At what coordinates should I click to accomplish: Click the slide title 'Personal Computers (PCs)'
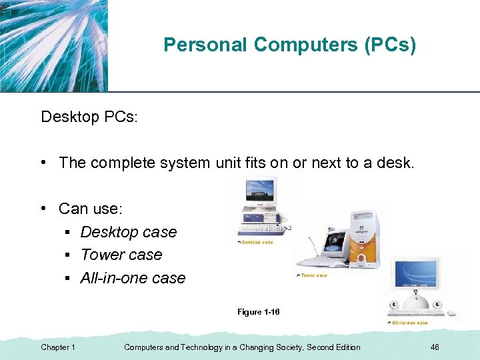click(x=289, y=45)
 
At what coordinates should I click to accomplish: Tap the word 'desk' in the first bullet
click(x=395, y=163)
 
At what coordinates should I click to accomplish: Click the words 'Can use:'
click(x=91, y=209)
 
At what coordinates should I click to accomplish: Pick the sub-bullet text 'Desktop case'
click(x=129, y=232)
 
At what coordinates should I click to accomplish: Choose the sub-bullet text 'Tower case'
click(x=121, y=255)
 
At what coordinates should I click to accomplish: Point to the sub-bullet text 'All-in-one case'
click(x=133, y=278)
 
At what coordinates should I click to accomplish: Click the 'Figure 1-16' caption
click(x=258, y=312)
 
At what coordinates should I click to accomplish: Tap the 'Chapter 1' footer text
click(x=58, y=347)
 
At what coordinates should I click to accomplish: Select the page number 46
click(x=435, y=347)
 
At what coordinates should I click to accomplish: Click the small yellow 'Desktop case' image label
click(x=257, y=242)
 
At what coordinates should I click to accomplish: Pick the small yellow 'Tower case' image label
click(x=313, y=275)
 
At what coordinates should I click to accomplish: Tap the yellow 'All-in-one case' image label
click(x=409, y=323)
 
